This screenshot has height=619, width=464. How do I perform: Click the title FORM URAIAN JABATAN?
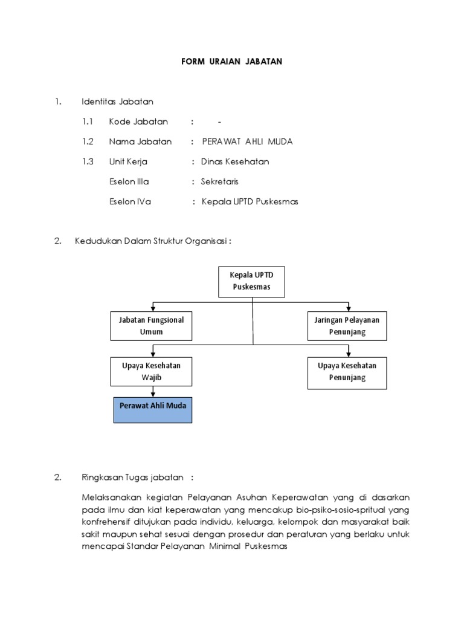pos(232,62)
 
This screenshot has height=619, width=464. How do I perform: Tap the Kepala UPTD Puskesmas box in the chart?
pos(252,281)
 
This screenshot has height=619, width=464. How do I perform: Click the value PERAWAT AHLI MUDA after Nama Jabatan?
pos(247,142)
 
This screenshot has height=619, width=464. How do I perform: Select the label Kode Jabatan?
pos(138,122)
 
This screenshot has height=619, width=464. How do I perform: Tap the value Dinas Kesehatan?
pos(235,162)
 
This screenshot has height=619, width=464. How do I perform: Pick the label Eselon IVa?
pos(130,202)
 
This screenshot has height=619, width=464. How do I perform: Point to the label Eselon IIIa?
pos(129,181)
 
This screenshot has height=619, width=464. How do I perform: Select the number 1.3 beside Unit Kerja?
pos(89,162)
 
